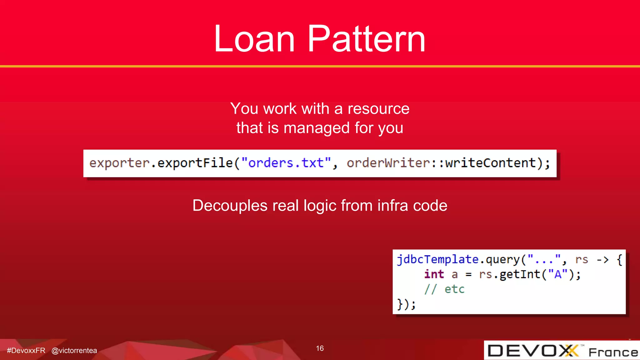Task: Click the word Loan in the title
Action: pyautogui.click(x=254, y=39)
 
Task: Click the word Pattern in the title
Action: pyautogui.click(x=366, y=39)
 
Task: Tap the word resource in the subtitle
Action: pyautogui.click(x=378, y=109)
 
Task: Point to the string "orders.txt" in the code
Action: pyautogui.click(x=286, y=163)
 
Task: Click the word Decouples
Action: pyautogui.click(x=230, y=206)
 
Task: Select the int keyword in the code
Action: pyautogui.click(x=434, y=274)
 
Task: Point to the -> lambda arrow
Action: pyautogui.click(x=602, y=260)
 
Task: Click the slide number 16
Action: pyautogui.click(x=320, y=348)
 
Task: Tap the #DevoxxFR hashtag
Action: pyautogui.click(x=26, y=351)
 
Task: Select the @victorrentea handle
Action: pyautogui.click(x=74, y=351)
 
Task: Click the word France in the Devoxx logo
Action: pyautogui.click(x=613, y=352)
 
